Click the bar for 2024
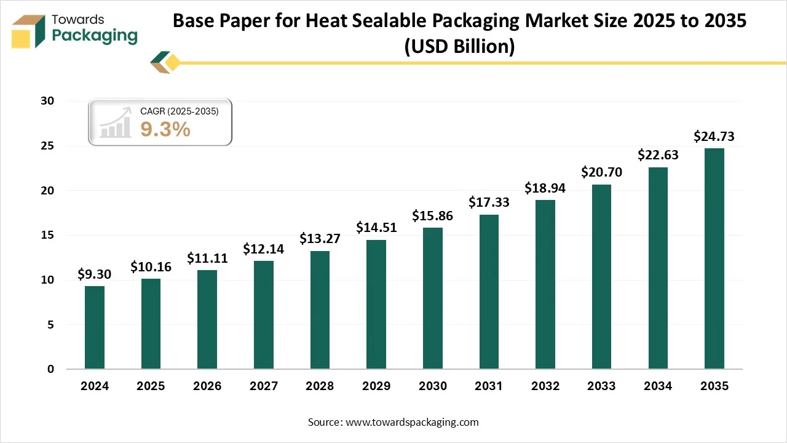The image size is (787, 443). point(94,327)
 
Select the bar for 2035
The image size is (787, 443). point(714,258)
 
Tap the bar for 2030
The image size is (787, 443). point(432,298)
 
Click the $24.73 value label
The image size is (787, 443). point(714,137)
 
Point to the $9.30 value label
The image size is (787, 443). point(94,274)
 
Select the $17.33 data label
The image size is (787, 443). point(488,202)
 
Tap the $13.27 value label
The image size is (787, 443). point(319,238)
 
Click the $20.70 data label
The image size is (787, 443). point(601,172)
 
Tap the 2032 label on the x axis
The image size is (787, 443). point(545,386)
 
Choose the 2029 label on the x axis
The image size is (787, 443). point(376,386)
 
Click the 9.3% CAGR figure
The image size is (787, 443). point(165,129)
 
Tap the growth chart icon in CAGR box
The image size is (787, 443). point(116,122)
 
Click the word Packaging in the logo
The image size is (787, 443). point(95,36)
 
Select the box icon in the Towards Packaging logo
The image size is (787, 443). point(29,32)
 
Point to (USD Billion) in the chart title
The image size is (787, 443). point(459,46)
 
